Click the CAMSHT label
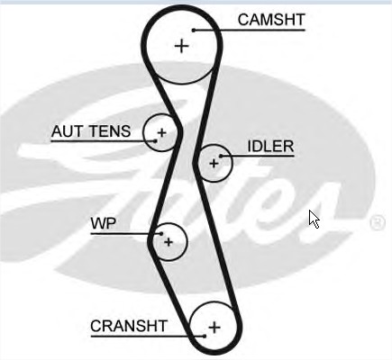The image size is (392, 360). coord(271,20)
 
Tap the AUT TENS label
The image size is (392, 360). coord(91,131)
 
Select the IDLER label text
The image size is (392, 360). coord(270,147)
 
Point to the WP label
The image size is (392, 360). coord(104,223)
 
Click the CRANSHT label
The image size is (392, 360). coord(129,326)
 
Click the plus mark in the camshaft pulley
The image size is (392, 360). coord(181,46)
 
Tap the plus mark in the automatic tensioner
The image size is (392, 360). coord(162,132)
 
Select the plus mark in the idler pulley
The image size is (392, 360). coord(214,164)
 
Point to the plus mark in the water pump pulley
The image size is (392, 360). coord(169,242)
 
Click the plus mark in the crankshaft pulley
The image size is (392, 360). coord(214,327)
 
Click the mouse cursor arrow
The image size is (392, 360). coord(315,219)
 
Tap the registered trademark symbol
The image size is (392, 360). coord(378,222)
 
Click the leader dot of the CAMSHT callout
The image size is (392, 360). coord(194,30)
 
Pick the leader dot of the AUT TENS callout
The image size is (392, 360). coord(155,140)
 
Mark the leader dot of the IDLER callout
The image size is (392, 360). coord(221,156)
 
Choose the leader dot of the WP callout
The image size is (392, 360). coord(161,234)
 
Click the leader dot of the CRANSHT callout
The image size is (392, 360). coord(205,337)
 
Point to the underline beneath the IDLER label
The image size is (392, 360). coord(258,156)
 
